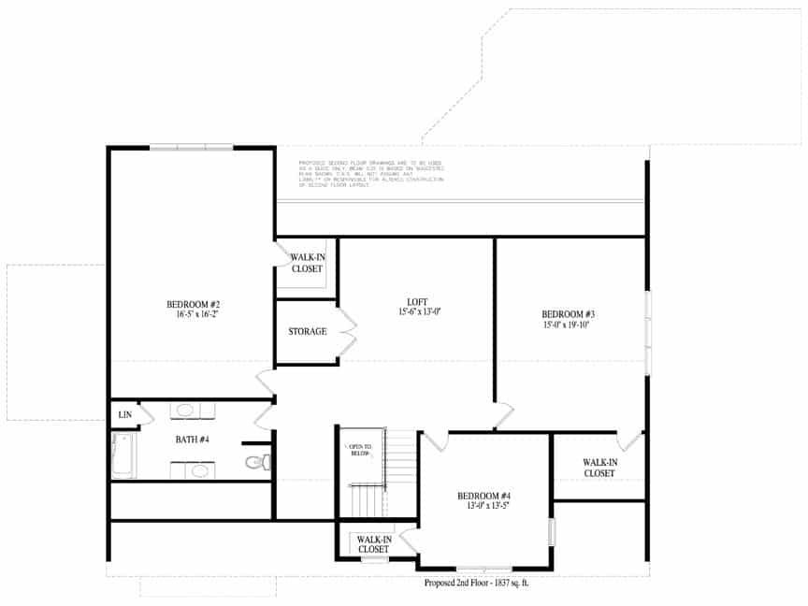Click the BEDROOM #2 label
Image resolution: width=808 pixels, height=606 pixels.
193,304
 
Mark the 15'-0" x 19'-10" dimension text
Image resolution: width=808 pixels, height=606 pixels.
569,325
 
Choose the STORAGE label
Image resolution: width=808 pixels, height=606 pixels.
307,332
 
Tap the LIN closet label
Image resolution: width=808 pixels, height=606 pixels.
124,414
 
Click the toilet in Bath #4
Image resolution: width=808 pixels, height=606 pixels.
256,461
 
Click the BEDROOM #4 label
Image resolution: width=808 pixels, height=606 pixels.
483,496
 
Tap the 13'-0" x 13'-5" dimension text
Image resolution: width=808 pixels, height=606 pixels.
483,506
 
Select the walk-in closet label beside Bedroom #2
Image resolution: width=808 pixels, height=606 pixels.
308,263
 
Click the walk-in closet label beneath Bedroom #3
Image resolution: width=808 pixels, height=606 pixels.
599,468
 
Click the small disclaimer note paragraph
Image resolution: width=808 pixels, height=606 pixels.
370,174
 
